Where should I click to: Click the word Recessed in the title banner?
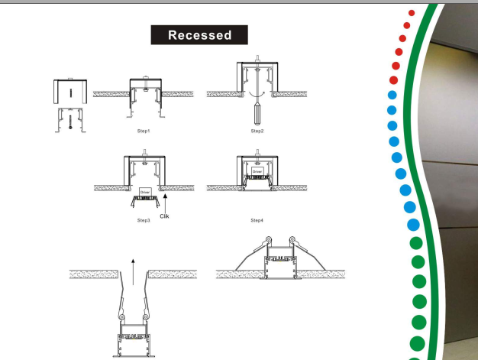200,35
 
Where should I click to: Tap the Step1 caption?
144,131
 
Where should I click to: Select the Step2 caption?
257,131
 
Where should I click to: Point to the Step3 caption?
144,220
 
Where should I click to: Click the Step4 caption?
257,220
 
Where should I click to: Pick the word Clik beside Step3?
164,216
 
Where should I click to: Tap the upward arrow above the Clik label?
164,201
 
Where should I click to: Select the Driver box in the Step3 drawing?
144,191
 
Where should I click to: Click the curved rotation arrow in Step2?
257,94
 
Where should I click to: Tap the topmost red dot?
412,13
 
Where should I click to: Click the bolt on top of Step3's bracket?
144,161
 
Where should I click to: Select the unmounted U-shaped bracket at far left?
70,92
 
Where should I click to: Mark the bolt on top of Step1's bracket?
144,78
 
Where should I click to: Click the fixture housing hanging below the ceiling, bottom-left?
132,345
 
